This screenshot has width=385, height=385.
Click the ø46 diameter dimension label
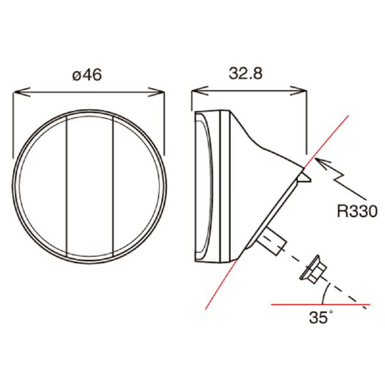[x=87, y=74]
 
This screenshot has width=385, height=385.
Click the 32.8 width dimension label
[x=246, y=73]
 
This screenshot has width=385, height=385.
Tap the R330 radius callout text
[x=357, y=211]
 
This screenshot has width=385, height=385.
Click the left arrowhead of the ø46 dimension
[x=22, y=92]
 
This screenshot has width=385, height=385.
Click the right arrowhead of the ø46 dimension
[x=156, y=92]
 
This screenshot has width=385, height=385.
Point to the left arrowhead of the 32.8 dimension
[x=200, y=90]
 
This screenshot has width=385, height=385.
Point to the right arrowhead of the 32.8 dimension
[x=298, y=90]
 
